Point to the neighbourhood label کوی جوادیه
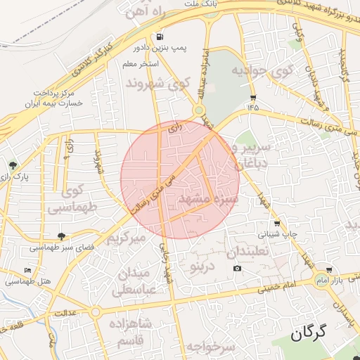(x=262, y=71)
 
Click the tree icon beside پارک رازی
(x=13, y=165)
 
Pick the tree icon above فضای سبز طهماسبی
(x=61, y=236)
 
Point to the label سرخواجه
(x=210, y=347)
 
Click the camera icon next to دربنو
(x=237, y=269)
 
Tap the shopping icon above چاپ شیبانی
(x=276, y=223)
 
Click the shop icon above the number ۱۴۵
(x=253, y=97)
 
